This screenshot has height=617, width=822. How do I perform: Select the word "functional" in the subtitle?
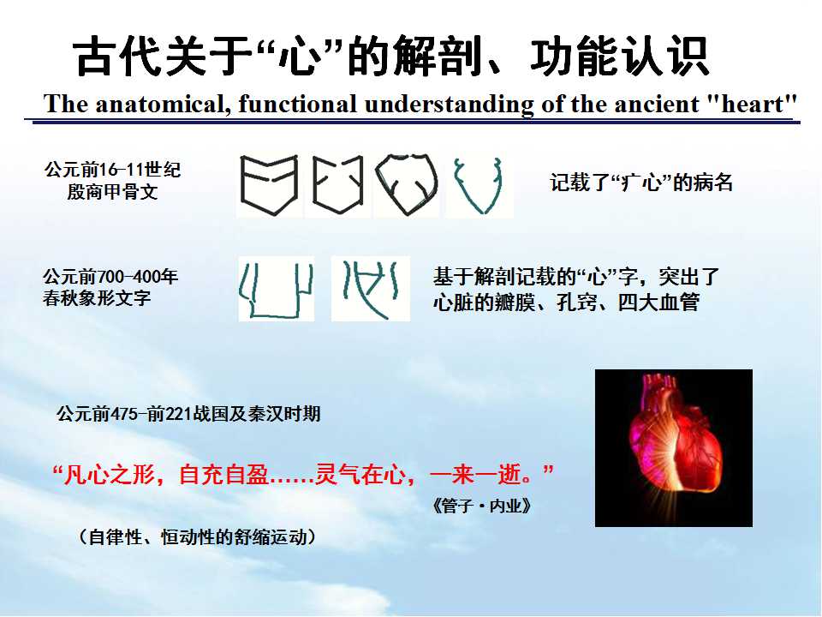pyautogui.click(x=297, y=104)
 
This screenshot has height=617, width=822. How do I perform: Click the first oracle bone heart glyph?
pyautogui.click(x=269, y=185)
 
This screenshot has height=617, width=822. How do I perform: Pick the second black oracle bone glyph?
pyautogui.click(x=337, y=185)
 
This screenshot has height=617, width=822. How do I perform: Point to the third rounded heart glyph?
pyautogui.click(x=406, y=185)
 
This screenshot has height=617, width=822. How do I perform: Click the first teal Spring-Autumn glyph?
pyautogui.click(x=276, y=290)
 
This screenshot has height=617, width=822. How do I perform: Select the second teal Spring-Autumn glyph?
pyautogui.click(x=370, y=289)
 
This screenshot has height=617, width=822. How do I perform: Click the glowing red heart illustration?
pyautogui.click(x=674, y=447)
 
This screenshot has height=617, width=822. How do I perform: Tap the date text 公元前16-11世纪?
pyautogui.click(x=113, y=170)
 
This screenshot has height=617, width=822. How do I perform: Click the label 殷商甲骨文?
pyautogui.click(x=112, y=191)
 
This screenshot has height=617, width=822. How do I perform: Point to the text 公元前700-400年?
pyautogui.click(x=110, y=277)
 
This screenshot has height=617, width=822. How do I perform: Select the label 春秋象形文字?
pyautogui.click(x=97, y=298)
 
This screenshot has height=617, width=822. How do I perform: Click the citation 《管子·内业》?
pyautogui.click(x=482, y=506)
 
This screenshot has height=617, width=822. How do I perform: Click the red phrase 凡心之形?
pyautogui.click(x=110, y=474)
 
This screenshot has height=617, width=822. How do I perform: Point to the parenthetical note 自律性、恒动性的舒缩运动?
pyautogui.click(x=198, y=536)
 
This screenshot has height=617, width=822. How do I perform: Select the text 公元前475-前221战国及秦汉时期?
pyautogui.click(x=188, y=414)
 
